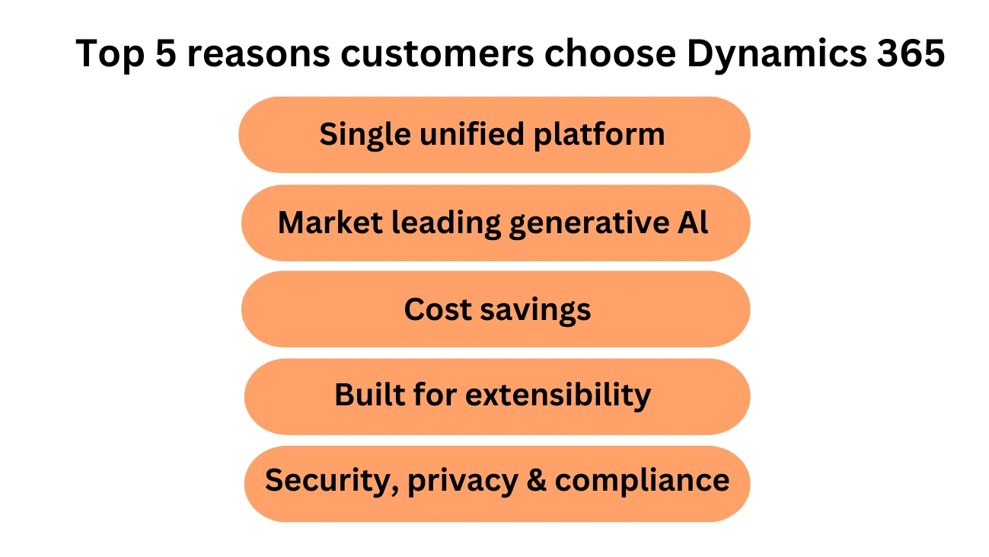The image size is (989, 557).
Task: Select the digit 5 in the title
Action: tap(166, 53)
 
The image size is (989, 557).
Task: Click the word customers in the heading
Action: tap(437, 54)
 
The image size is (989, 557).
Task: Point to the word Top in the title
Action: tap(110, 55)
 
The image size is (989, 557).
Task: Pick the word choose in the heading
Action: tap(610, 53)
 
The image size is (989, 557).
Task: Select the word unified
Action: tap(472, 133)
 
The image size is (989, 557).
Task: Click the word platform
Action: tap(599, 135)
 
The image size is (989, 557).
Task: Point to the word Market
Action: tap(330, 222)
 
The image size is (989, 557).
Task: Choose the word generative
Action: tap(589, 223)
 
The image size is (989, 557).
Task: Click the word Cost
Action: tap(438, 309)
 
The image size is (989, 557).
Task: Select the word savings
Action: tap(535, 311)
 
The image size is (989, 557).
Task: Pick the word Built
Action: tap(369, 394)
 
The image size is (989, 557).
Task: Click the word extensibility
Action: tap(558, 395)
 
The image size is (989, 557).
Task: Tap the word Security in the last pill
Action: tap(332, 482)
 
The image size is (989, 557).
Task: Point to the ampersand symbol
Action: tap(537, 480)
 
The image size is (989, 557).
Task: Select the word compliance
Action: tap(642, 482)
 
